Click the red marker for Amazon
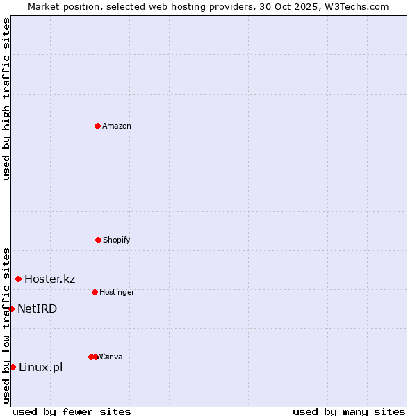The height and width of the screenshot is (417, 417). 97,126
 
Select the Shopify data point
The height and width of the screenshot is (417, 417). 98,240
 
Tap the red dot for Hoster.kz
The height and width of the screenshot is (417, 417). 18,279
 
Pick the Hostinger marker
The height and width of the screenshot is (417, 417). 95,292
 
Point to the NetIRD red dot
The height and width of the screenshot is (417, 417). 11,309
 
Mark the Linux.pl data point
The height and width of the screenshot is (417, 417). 13,367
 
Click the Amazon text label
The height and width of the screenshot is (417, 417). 117,126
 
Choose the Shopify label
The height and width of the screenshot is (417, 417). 117,240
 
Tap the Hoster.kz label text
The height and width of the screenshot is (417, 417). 50,279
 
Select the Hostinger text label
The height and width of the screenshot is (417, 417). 117,292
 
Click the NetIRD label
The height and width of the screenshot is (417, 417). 38,309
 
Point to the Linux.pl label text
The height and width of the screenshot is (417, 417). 40,367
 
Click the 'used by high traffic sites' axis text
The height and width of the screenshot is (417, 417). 6,99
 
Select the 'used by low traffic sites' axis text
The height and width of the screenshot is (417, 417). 6,325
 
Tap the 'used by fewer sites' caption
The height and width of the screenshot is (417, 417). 72,411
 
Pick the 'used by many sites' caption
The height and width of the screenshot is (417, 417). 349,411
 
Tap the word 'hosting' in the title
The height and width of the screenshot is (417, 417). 185,6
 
